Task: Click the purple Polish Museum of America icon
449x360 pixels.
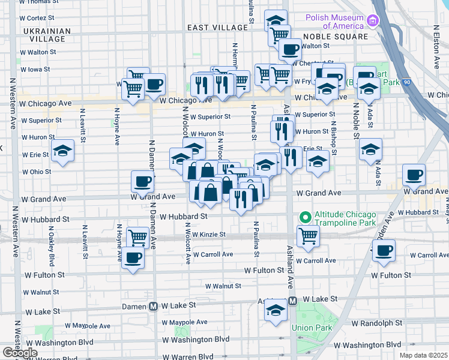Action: (x=373, y=22)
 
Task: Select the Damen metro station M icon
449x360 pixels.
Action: (x=153, y=305)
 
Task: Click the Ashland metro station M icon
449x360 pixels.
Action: (x=292, y=301)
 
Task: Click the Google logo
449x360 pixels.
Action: (x=20, y=353)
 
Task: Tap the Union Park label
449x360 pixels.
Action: (x=310, y=328)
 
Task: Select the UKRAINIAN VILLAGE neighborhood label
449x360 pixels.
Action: (x=43, y=35)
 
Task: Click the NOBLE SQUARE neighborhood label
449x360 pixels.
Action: (x=337, y=37)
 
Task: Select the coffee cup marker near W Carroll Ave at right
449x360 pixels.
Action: (x=384, y=250)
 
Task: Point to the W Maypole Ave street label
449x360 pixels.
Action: (x=88, y=326)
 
